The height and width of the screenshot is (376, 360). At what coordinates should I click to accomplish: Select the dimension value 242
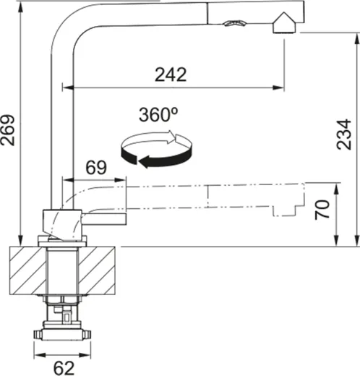point(171,74)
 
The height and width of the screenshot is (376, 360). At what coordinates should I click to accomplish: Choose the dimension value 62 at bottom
point(64,367)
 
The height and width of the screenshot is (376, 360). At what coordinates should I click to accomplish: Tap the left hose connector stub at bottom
point(37,335)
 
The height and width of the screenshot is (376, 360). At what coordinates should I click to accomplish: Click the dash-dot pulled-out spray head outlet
point(286,210)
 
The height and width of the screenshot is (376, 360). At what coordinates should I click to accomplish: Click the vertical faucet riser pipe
point(58,130)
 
